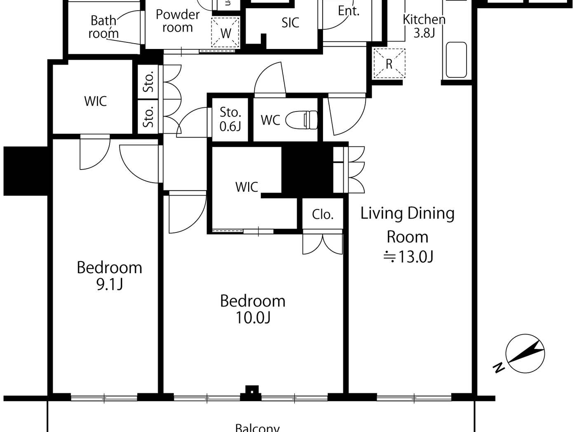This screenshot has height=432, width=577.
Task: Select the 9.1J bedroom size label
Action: [x=110, y=284]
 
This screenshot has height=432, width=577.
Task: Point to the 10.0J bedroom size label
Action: [x=253, y=318]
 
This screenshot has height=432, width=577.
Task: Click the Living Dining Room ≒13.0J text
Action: [x=408, y=235]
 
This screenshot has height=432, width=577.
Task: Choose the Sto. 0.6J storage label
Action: [x=230, y=119]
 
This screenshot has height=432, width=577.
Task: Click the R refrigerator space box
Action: [x=389, y=64]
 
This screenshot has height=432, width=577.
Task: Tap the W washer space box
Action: [x=225, y=33]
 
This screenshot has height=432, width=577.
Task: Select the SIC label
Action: [x=290, y=23]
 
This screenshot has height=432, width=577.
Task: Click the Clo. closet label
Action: [x=323, y=214]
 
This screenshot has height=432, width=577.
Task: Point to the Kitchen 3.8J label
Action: [x=424, y=26]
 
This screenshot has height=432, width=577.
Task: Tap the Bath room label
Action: [x=103, y=27]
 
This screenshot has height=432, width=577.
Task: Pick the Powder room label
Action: [x=178, y=21]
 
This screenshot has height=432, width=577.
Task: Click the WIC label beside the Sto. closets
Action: [x=95, y=101]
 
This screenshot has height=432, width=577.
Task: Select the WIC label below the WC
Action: [x=246, y=187]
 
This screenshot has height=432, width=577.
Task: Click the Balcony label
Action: [x=257, y=427]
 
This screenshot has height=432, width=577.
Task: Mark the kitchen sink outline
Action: [x=456, y=60]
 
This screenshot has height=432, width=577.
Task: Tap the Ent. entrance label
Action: [x=349, y=11]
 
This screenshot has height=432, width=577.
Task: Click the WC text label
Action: [x=270, y=120]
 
